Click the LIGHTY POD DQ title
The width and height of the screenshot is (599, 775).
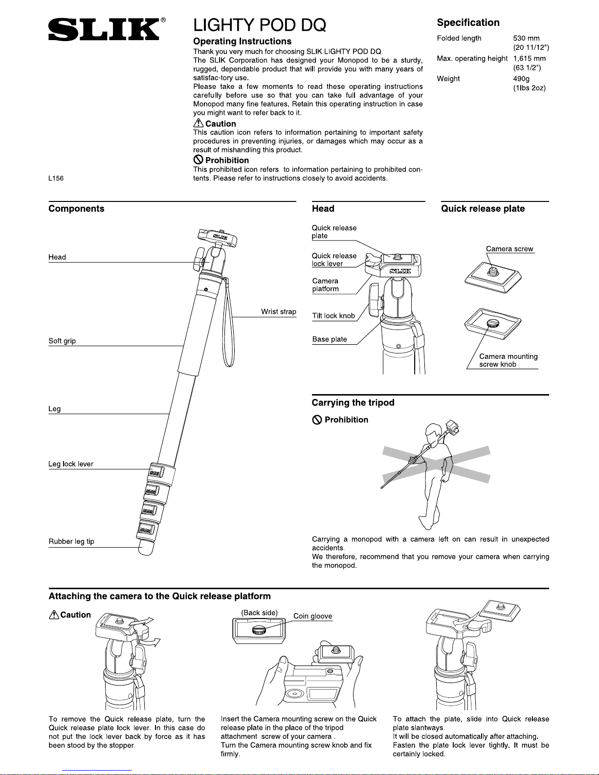(260, 25)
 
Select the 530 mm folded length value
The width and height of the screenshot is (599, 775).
(526, 38)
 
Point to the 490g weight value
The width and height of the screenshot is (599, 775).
(521, 78)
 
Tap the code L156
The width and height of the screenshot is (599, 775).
(56, 178)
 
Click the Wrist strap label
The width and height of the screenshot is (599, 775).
(278, 311)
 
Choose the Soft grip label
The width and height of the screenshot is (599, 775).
(62, 341)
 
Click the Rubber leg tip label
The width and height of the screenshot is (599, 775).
(71, 541)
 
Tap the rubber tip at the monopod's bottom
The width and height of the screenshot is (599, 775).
(146, 548)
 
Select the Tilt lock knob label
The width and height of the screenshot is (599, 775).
(333, 316)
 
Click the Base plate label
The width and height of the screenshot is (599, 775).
(330, 339)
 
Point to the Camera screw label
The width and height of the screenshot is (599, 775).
(510, 249)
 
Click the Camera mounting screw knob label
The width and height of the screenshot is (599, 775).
(509, 360)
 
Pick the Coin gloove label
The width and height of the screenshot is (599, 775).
(312, 616)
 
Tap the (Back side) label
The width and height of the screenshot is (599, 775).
(259, 613)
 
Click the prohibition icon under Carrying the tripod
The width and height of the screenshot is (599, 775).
(317, 420)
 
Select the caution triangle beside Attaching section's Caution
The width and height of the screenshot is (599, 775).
(54, 615)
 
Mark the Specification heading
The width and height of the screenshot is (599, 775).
(468, 22)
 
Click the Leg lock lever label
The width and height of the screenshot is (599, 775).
(70, 464)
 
